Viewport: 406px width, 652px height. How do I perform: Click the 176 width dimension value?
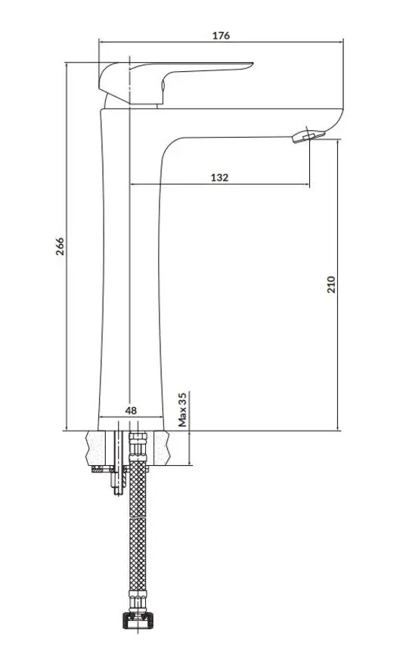tap(221, 36)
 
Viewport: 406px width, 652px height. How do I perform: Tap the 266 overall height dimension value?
tap(60, 246)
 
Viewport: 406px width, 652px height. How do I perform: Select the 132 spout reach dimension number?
tap(219, 178)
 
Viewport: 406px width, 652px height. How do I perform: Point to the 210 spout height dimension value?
tap(331, 285)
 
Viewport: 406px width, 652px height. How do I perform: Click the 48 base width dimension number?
tap(131, 411)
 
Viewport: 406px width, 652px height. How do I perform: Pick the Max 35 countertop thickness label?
tap(182, 410)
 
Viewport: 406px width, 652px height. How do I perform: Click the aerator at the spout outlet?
tap(308, 136)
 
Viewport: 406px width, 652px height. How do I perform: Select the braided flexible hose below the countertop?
tap(138, 524)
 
